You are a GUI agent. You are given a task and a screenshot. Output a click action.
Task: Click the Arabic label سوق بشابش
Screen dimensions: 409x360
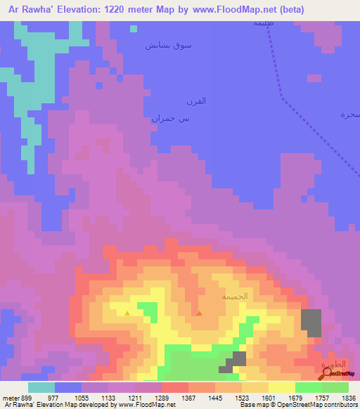168,45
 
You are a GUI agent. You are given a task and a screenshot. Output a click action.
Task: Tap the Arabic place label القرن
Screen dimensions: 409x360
195,101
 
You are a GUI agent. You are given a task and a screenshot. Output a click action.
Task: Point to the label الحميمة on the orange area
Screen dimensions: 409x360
235,296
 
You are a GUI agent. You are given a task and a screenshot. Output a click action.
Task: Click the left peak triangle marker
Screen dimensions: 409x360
127,313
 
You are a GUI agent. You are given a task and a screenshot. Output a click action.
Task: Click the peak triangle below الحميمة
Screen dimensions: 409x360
200,313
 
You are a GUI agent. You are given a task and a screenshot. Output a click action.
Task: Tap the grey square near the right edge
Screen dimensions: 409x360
311,321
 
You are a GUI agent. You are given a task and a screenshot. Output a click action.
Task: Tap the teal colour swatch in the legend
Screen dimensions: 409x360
41,387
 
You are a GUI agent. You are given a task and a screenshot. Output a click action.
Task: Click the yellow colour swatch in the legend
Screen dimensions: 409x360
281,387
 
